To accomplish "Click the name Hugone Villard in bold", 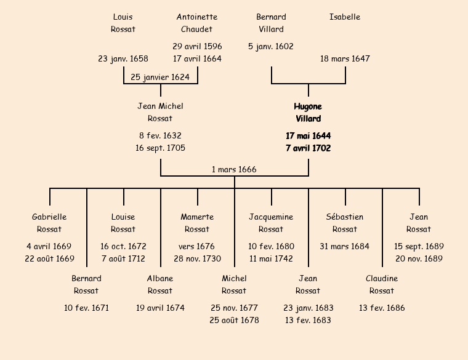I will tap(308, 113).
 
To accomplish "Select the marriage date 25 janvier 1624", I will tap(161, 77).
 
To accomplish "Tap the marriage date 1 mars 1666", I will tap(234, 169).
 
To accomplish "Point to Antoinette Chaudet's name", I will tap(197, 23).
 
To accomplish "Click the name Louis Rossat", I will tap(123, 23).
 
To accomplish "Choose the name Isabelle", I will tap(345, 17).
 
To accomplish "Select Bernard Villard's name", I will tap(271, 23).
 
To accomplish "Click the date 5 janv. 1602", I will tap(271, 46).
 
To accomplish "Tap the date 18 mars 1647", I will tap(345, 58).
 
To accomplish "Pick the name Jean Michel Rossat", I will tap(160, 112).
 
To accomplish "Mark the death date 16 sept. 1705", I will tap(160, 148).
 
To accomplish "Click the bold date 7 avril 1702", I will tap(308, 148).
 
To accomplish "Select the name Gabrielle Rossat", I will tap(49, 223).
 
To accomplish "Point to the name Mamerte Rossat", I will tap(197, 223).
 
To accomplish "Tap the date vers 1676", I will tap(197, 246).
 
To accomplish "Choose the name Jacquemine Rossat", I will tap(271, 223).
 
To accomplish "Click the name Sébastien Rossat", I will tap(345, 223).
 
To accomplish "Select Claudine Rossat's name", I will tap(382, 284).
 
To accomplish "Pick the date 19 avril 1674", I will tap(160, 308).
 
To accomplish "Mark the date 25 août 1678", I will tap(234, 320).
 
